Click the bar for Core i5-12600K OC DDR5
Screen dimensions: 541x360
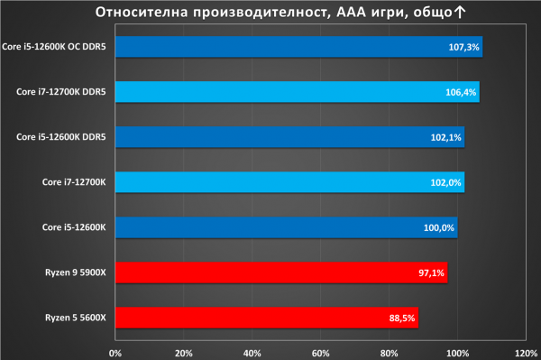[x=298, y=47]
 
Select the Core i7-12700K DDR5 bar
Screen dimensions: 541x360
[x=298, y=92]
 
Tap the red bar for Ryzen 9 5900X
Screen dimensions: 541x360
[x=281, y=272]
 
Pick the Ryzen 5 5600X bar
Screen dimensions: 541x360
[x=267, y=318]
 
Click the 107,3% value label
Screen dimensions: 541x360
[x=463, y=47]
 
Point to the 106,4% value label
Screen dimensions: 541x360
[x=461, y=93]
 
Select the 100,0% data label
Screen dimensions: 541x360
[x=439, y=227]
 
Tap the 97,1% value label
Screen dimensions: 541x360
[x=431, y=273]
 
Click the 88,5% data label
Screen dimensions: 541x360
[x=402, y=318]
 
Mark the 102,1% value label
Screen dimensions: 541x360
[x=445, y=138]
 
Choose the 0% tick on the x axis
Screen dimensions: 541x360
[x=115, y=354]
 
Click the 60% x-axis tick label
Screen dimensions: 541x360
[x=320, y=354]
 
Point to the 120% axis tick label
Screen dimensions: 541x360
[x=527, y=354]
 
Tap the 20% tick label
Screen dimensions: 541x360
[x=184, y=354]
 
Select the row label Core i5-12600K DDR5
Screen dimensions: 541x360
[x=61, y=137]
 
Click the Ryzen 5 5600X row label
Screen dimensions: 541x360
[x=76, y=318]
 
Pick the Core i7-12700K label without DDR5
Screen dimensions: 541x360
[x=74, y=182]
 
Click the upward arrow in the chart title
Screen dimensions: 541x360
[x=460, y=12]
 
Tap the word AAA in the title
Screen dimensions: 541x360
[x=352, y=12]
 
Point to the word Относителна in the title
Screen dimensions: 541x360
[x=142, y=12]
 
